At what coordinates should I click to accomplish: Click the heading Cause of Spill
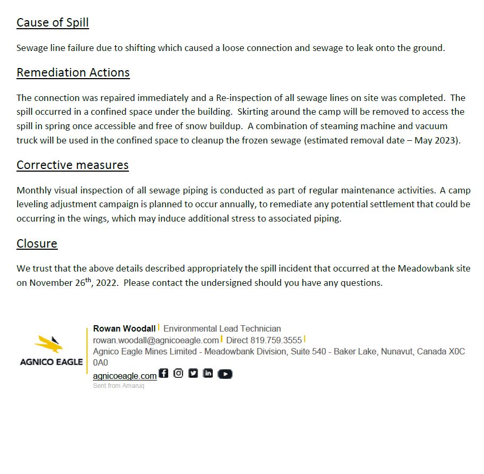(53, 22)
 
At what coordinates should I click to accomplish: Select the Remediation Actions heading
(73, 72)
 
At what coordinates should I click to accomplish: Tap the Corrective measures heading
(72, 165)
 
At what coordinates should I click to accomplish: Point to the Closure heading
(37, 243)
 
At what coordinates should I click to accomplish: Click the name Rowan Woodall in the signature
(124, 328)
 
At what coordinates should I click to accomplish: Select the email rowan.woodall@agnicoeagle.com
(155, 340)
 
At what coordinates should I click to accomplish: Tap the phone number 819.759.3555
(276, 340)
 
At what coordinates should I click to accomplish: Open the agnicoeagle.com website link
(125, 376)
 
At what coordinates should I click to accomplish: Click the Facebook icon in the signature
(163, 373)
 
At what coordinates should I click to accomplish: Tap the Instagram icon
(178, 373)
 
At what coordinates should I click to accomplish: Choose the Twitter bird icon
(193, 373)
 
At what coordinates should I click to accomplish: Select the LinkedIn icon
(208, 373)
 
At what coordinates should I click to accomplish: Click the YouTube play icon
(225, 374)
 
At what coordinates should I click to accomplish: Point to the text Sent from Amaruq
(118, 386)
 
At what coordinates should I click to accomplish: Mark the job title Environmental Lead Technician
(222, 328)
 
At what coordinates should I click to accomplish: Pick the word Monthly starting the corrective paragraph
(34, 190)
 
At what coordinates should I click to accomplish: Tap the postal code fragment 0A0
(100, 363)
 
